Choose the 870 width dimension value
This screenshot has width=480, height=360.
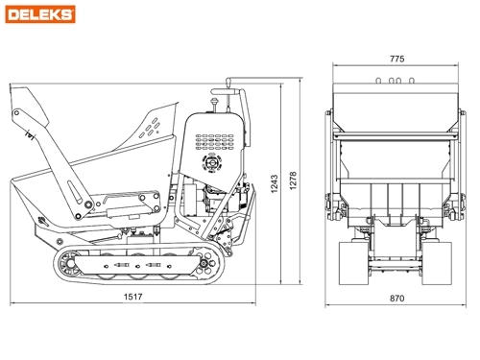pyautogui.click(x=396, y=298)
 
